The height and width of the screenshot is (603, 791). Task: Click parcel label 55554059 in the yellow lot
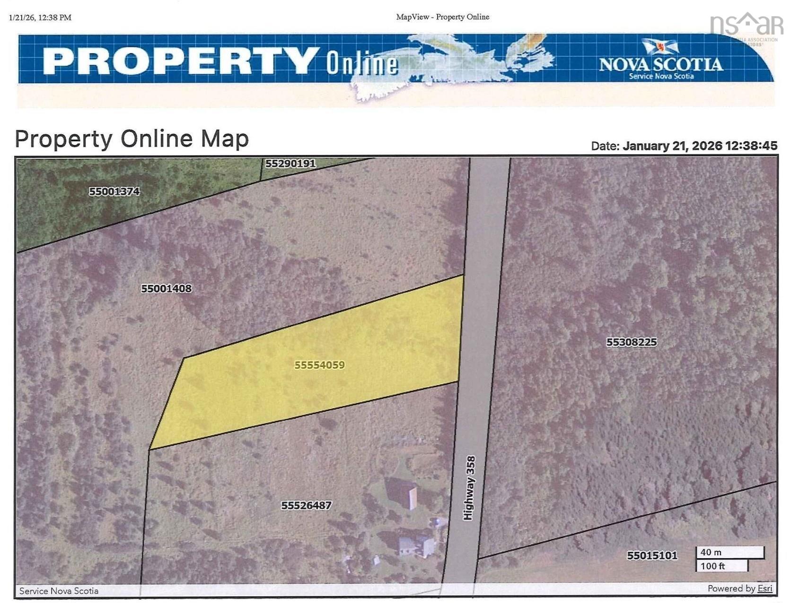tap(319, 365)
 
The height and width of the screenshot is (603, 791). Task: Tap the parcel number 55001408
tap(166, 288)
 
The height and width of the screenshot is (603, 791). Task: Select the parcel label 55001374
tap(114, 191)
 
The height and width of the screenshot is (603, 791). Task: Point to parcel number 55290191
tap(290, 164)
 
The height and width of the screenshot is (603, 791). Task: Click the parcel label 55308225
tap(631, 342)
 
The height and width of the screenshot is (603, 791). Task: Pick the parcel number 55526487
tap(306, 505)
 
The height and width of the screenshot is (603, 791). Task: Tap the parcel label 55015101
tap(652, 555)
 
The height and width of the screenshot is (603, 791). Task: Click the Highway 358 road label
tap(469, 488)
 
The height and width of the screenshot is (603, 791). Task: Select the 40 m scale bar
tap(729, 552)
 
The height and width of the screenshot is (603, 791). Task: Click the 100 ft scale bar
tap(721, 566)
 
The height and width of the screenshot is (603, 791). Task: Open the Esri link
tap(765, 588)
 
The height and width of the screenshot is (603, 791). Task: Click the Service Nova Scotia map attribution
tap(59, 591)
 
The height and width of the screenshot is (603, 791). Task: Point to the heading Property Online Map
tap(132, 139)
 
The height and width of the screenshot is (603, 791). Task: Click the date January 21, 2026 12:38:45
tap(700, 146)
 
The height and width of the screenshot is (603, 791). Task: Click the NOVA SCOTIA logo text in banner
tap(660, 64)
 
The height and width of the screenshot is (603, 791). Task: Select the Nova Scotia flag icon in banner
tap(660, 46)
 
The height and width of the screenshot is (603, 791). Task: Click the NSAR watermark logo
tap(746, 25)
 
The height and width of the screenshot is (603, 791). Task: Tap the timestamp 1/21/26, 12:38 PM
tap(40, 17)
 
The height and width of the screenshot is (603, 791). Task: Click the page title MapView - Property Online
tap(442, 17)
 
